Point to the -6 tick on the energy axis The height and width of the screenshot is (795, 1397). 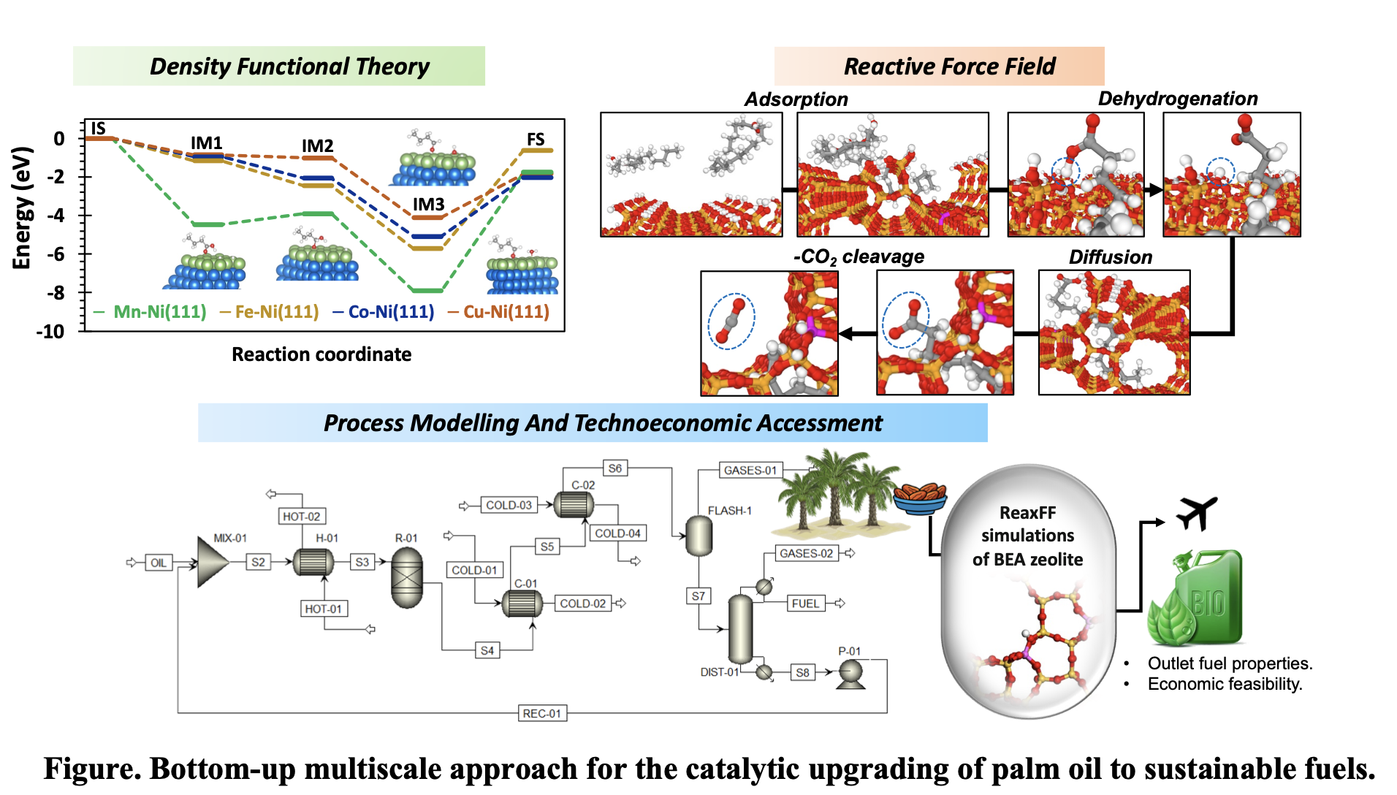[x=55, y=254]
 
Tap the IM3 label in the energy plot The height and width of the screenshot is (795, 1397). [x=428, y=205]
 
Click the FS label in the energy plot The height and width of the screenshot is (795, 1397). [x=536, y=140]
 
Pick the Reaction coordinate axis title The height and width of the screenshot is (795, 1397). [x=321, y=354]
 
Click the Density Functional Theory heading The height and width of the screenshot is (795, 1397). [x=289, y=66]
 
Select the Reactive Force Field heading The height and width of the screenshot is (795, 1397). [x=949, y=66]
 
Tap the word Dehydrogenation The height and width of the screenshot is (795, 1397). [x=1177, y=99]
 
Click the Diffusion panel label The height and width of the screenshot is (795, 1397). [x=1110, y=257]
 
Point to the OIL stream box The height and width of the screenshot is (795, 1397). [x=159, y=563]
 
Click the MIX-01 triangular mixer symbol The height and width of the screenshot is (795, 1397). [x=213, y=562]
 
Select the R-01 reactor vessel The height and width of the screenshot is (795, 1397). [x=407, y=577]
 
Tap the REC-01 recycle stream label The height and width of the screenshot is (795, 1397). [x=542, y=713]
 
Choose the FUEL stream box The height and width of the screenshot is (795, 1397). [x=805, y=604]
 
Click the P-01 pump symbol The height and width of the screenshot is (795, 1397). [x=851, y=673]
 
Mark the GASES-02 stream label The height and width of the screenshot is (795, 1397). [x=806, y=554]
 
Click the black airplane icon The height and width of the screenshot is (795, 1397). [x=1197, y=512]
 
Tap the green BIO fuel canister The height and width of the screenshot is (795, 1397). [x=1198, y=599]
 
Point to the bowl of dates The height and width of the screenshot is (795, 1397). [x=920, y=498]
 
